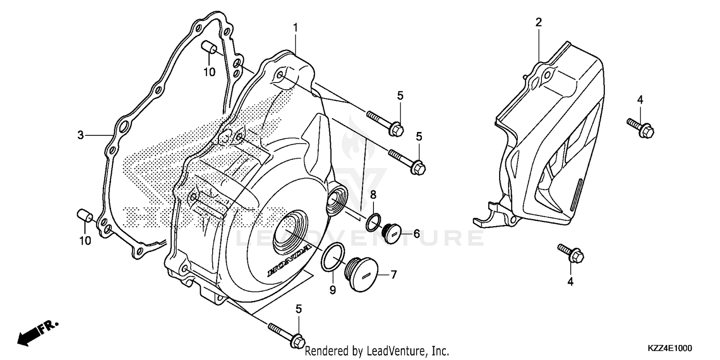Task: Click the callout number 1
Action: [296, 28]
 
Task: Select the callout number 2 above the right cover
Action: [539, 22]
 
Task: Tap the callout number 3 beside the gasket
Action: [81, 135]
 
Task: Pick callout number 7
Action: [393, 275]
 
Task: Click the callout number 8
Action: [373, 194]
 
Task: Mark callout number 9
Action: [333, 289]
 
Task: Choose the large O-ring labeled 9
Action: [333, 258]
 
